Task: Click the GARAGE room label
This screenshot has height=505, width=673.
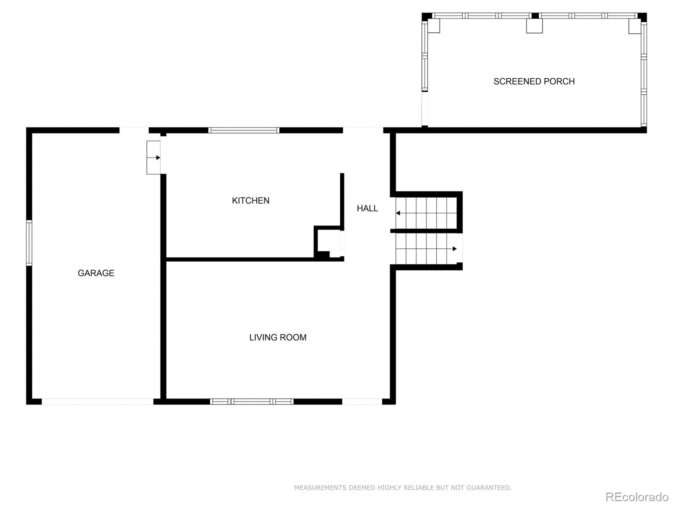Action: tap(96, 273)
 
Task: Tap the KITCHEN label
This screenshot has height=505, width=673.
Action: tap(251, 201)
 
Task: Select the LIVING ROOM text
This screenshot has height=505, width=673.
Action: tap(278, 338)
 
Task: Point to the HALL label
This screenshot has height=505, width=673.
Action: tap(367, 208)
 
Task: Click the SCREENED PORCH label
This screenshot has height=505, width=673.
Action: tap(534, 82)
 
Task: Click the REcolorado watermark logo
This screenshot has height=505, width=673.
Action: tap(637, 497)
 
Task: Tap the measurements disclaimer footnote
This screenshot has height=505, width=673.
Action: tap(403, 488)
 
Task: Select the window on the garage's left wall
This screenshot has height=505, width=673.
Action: tap(29, 243)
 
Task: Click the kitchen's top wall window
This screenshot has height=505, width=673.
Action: tap(244, 130)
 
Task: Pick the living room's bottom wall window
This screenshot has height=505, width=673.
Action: tap(252, 401)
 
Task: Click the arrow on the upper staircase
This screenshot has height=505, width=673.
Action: tap(398, 213)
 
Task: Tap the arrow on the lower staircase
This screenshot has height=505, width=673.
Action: tap(454, 249)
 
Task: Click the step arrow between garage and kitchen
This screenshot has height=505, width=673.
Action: tap(158, 158)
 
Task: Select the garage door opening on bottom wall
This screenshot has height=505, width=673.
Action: tap(98, 401)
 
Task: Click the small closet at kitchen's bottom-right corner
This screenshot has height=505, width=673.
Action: tap(329, 243)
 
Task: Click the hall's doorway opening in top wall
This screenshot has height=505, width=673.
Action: tap(363, 130)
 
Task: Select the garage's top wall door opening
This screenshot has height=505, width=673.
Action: tap(134, 130)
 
